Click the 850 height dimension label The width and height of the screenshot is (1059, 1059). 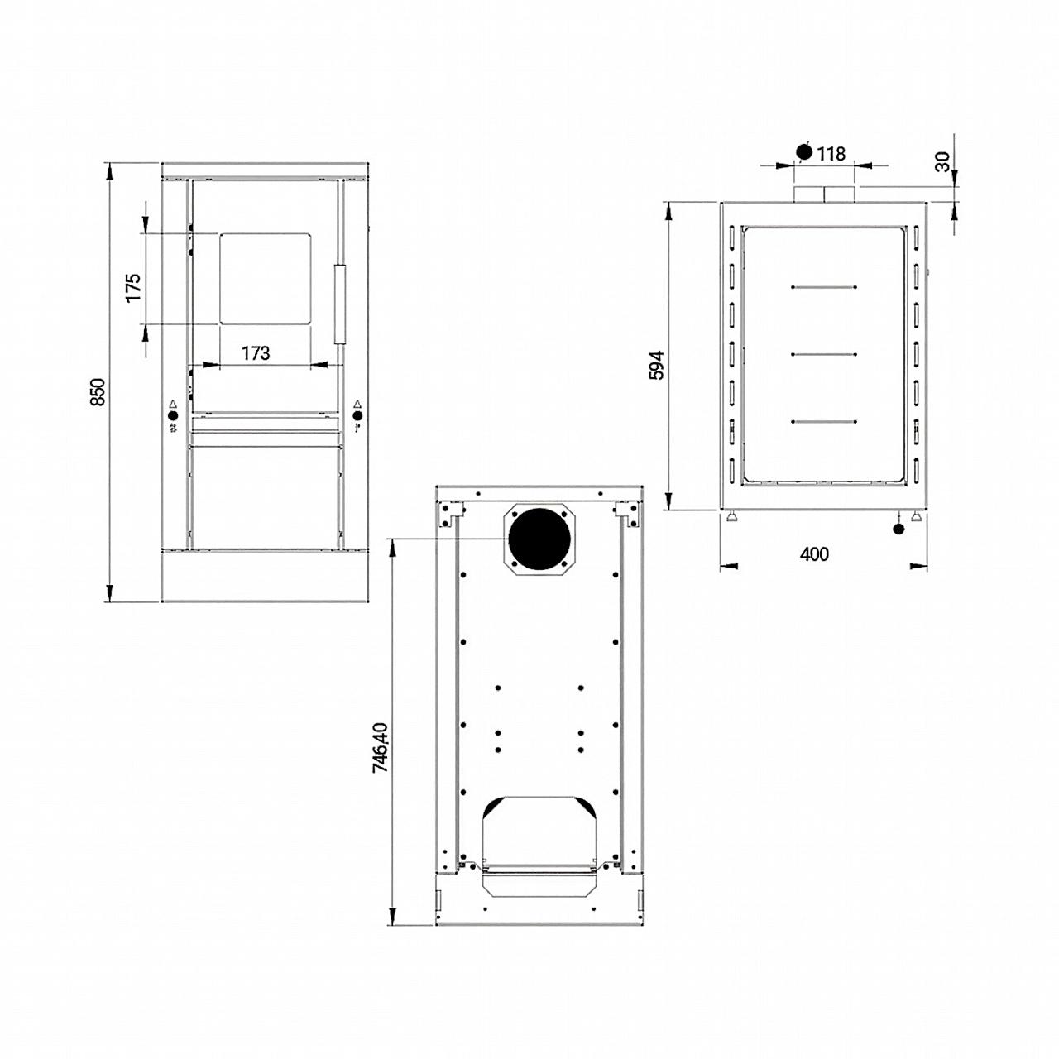(98, 392)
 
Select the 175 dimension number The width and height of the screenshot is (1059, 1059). (133, 287)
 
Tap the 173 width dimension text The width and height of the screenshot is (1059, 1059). (256, 352)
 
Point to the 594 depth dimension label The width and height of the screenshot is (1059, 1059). (656, 366)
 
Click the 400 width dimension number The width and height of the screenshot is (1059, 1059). (814, 554)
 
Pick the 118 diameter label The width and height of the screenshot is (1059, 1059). (831, 154)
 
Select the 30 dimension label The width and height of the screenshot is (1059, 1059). (942, 161)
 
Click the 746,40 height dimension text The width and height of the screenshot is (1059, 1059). (381, 748)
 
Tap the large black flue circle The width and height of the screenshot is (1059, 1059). (539, 539)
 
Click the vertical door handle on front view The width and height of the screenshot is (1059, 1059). (340, 304)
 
